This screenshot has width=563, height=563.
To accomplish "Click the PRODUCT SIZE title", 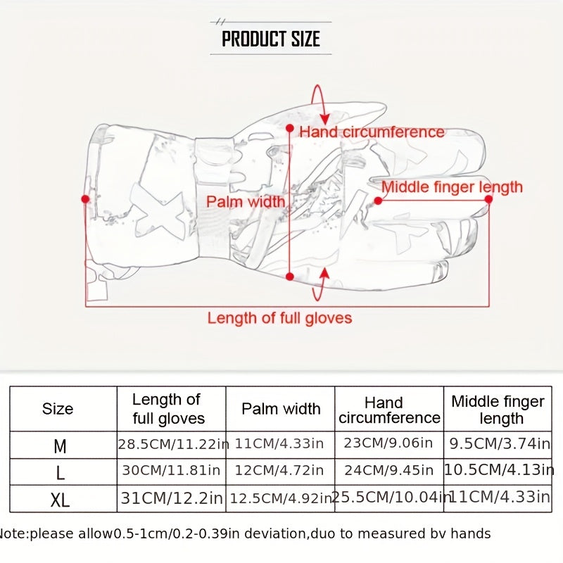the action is point(271,39).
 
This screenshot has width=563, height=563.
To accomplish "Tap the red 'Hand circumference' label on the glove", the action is point(372,132).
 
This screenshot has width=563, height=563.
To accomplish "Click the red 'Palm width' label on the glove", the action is point(246,201).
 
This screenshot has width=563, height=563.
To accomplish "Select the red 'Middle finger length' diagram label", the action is point(452,187).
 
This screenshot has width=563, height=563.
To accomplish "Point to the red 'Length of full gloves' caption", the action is point(279,318).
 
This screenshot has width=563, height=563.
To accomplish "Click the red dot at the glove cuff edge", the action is point(85,199).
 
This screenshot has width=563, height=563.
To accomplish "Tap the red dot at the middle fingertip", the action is point(488,199).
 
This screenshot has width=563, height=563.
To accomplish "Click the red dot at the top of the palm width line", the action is point(290,128).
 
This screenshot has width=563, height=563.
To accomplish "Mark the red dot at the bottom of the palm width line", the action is point(290,276).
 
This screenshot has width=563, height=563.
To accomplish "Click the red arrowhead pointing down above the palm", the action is point(325,120).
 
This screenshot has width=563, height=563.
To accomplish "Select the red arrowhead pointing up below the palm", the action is point(324,273).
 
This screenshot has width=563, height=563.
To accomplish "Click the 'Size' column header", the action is point(58,409).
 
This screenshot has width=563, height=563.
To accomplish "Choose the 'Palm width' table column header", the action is point(281,409).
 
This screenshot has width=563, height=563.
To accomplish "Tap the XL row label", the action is point(60,500).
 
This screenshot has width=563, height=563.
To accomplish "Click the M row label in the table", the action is point(60,447).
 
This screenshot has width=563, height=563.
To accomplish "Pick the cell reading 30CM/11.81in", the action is point(171,470).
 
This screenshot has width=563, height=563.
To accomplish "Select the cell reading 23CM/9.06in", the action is point(388,443).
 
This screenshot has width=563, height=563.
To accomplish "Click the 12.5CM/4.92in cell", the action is point(281,498).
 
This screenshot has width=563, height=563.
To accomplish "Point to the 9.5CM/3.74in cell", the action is point(500,444).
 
